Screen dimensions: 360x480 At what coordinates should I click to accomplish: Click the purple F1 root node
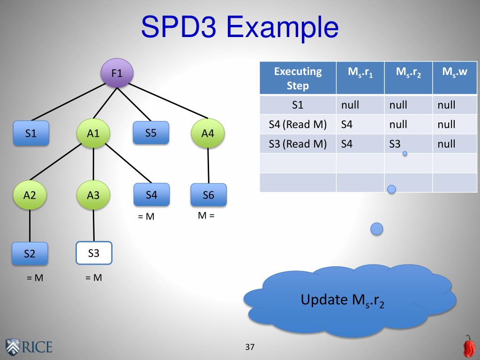(117, 73)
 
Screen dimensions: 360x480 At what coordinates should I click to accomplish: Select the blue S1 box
(31, 133)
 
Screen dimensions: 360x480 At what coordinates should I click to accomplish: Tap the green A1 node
(93, 133)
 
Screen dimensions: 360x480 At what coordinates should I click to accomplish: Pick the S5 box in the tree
(150, 133)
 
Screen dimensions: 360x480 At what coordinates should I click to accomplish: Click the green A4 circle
(208, 133)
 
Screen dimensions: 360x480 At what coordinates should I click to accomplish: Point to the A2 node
(30, 195)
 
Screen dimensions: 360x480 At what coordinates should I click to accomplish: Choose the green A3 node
(93, 195)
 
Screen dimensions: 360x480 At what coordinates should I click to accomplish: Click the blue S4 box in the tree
(151, 195)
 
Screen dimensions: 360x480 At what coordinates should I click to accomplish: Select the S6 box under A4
(209, 195)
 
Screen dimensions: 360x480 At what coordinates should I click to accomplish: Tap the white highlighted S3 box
(94, 253)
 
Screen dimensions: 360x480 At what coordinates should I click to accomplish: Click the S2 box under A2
(30, 254)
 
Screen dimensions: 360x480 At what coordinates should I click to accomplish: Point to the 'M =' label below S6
(206, 216)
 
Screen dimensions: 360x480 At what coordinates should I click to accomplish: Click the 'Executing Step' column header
(298, 78)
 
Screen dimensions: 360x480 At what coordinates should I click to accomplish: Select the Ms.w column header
(455, 72)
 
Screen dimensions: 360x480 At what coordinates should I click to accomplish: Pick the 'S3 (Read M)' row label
(298, 144)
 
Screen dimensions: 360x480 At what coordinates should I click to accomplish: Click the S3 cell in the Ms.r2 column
(395, 144)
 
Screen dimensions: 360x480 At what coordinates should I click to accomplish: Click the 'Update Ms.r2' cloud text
(343, 300)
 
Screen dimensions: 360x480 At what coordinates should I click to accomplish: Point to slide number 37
(249, 347)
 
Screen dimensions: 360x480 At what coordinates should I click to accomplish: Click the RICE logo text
(37, 347)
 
